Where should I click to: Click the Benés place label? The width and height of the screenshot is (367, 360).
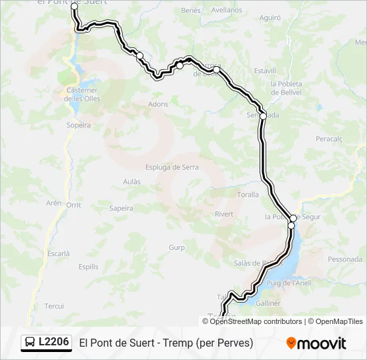(x=191, y=11)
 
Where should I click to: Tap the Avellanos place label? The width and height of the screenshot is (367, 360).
(x=226, y=10)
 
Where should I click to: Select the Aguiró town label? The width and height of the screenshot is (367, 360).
(x=270, y=18)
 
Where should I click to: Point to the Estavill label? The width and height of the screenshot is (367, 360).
(x=265, y=70)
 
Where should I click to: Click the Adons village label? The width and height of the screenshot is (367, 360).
(x=158, y=104)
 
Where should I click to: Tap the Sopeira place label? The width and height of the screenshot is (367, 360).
(x=79, y=125)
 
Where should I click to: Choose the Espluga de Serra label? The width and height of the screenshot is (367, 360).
(x=172, y=167)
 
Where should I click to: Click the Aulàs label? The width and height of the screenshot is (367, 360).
(x=132, y=181)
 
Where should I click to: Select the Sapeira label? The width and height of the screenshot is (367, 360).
(x=121, y=208)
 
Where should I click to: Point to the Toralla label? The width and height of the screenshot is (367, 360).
(x=248, y=195)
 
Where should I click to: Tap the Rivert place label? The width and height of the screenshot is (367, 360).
(x=224, y=214)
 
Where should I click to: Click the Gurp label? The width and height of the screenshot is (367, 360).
(x=176, y=247)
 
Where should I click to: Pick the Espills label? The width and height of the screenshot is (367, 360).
(x=88, y=267)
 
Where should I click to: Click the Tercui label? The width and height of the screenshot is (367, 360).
(x=53, y=306)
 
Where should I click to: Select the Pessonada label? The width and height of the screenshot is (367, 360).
(x=344, y=259)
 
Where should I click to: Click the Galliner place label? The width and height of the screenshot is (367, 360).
(x=268, y=303)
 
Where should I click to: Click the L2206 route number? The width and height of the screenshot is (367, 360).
(x=54, y=342)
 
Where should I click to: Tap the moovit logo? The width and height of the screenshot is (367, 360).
(x=316, y=343)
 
